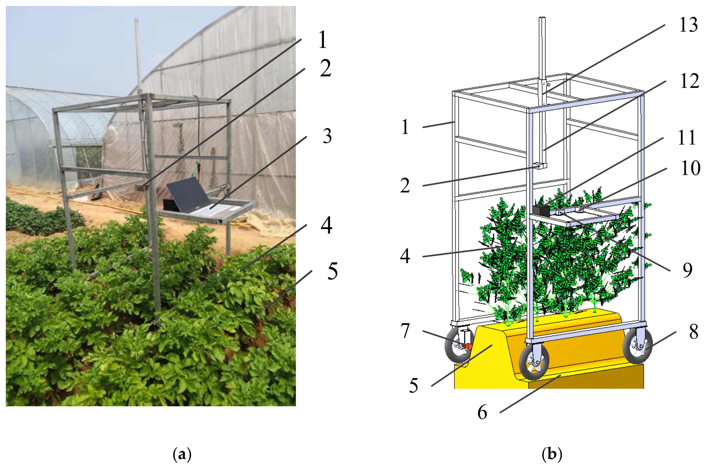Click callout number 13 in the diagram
688,25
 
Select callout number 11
687,138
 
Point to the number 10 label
690,168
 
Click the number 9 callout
687,270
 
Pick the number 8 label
693,331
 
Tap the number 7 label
405,331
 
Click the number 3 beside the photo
327,136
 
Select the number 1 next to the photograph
322,40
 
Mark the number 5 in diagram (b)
413,386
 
